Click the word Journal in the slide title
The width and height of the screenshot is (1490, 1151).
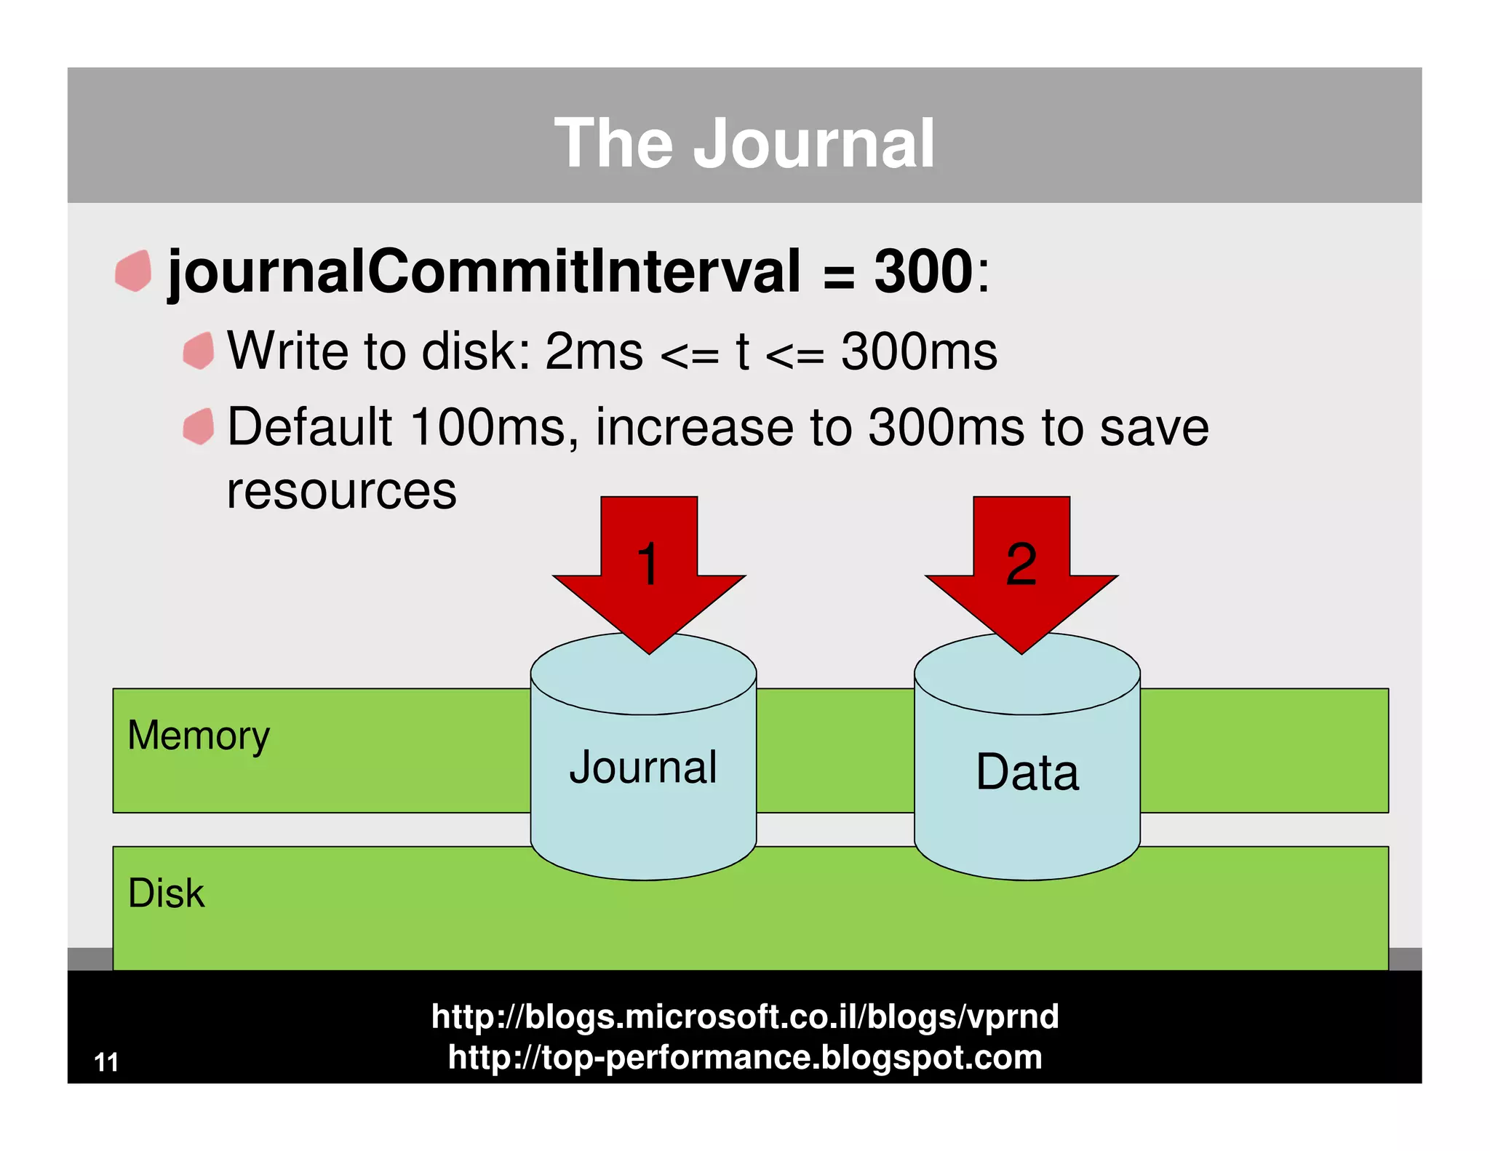pyautogui.click(x=813, y=144)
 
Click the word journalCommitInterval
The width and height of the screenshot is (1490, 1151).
pyautogui.click(x=484, y=272)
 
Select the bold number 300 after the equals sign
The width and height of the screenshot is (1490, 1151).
pyautogui.click(x=923, y=272)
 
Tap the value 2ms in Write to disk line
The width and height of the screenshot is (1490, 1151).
pyautogui.click(x=594, y=352)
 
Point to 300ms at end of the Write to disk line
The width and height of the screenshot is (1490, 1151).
pyautogui.click(x=919, y=352)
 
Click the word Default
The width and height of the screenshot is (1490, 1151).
pyautogui.click(x=310, y=427)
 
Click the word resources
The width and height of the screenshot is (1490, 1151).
pyautogui.click(x=341, y=491)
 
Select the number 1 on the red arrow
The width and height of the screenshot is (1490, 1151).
pyautogui.click(x=648, y=564)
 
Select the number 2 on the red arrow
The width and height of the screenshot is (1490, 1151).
pyautogui.click(x=1021, y=564)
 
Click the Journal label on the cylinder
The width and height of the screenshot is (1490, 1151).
pyautogui.click(x=643, y=768)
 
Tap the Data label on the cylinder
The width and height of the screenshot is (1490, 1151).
pyautogui.click(x=1027, y=772)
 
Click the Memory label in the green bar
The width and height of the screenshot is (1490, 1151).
pyautogui.click(x=199, y=736)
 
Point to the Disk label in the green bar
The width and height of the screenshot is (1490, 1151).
pyautogui.click(x=166, y=893)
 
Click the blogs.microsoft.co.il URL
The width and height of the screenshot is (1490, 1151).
pyautogui.click(x=744, y=1016)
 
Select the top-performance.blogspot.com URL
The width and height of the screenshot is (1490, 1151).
pyautogui.click(x=744, y=1057)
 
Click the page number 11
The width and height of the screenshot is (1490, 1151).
pyautogui.click(x=106, y=1063)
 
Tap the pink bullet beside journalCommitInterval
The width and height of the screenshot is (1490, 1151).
pyautogui.click(x=134, y=271)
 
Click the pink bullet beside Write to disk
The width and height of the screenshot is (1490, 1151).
pyautogui.click(x=199, y=351)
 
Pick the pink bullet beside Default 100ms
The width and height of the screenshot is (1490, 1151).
pyautogui.click(x=199, y=426)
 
